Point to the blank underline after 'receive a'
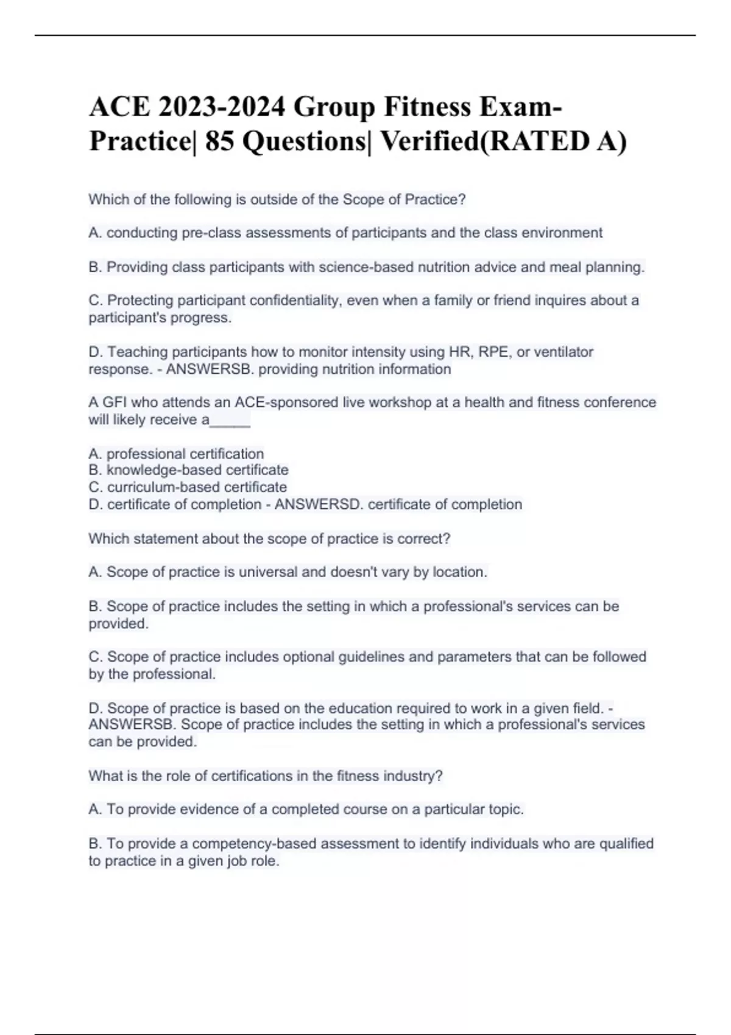click(x=230, y=420)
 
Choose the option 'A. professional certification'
click(x=176, y=454)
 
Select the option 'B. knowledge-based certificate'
click(x=188, y=470)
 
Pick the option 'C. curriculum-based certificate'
click(x=188, y=487)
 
